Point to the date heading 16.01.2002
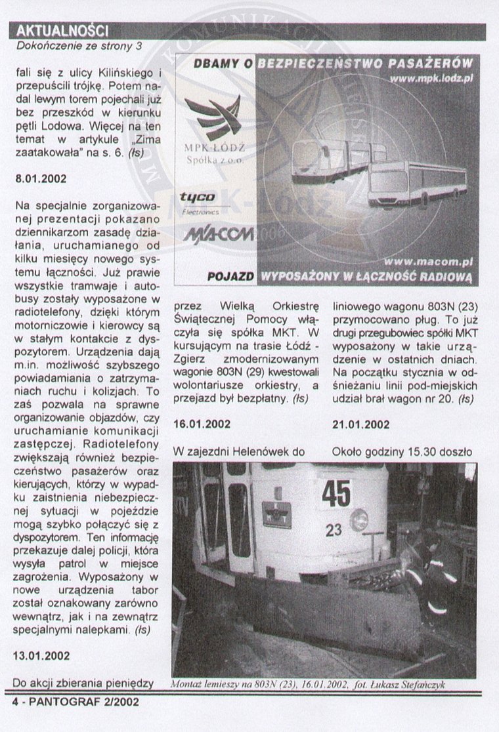202,424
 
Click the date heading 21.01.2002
361,424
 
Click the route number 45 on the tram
336,493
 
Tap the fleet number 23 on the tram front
334,529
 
